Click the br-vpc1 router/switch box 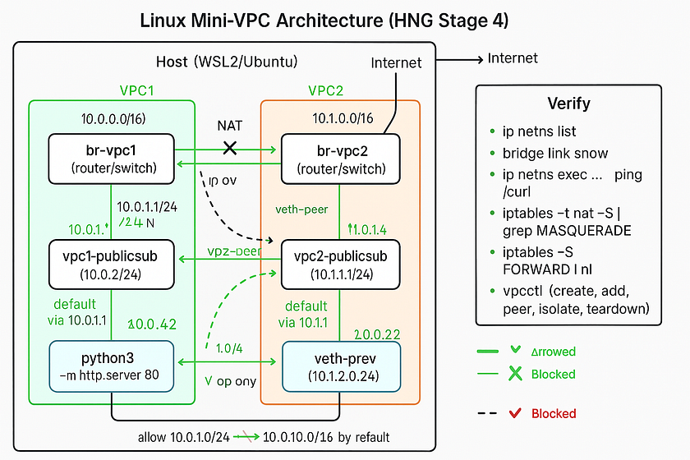point(112,159)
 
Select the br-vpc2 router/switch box point(340,159)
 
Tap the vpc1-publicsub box point(112,264)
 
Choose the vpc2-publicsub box point(340,264)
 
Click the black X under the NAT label point(231,149)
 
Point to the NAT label point(230,126)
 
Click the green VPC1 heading point(137,90)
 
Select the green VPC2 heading point(325,90)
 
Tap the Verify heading point(568,103)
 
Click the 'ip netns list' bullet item point(539,131)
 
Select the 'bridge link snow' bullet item point(555,154)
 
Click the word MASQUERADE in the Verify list point(585,231)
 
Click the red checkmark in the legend point(515,413)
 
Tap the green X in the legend point(515,374)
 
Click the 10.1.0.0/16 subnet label point(343,119)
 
